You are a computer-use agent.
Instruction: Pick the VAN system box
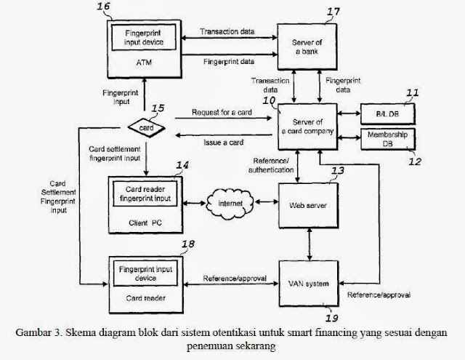tap(308, 282)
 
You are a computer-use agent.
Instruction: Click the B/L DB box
tap(387, 113)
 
